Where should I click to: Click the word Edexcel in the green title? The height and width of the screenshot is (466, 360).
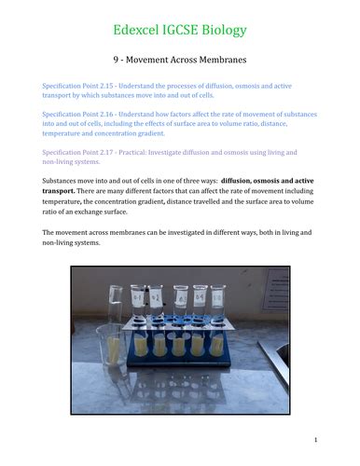[x=138, y=31]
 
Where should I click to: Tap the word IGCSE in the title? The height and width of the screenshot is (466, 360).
[x=184, y=31]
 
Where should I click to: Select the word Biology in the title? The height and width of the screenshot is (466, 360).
[x=227, y=31]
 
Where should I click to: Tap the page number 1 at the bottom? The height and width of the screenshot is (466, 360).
[x=316, y=440]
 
